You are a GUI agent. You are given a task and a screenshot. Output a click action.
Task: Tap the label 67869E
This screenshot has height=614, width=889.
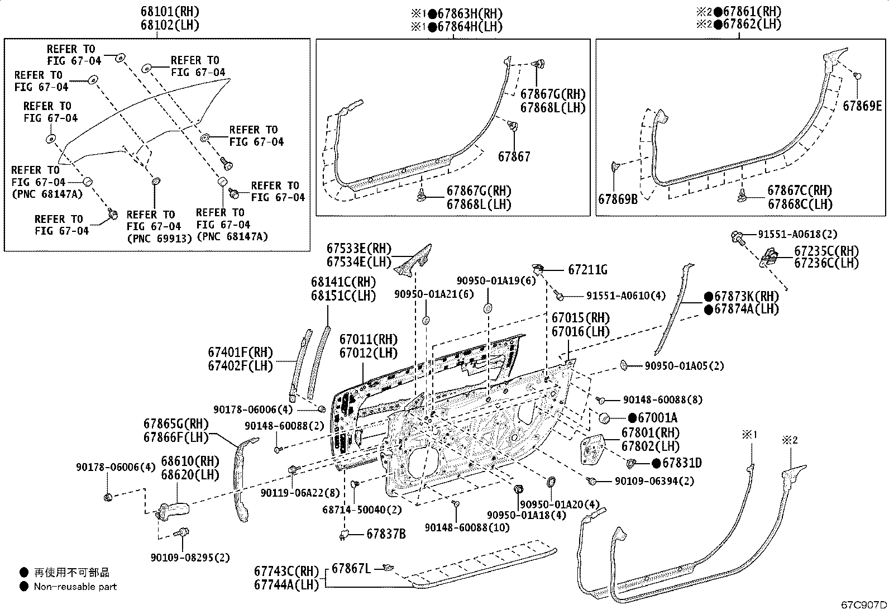(862, 106)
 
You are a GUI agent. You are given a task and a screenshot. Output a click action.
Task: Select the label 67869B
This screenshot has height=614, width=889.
(618, 198)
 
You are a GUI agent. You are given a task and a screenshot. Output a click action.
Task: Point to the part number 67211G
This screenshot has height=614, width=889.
(587, 270)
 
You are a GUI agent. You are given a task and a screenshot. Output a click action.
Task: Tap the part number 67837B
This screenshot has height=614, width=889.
(386, 534)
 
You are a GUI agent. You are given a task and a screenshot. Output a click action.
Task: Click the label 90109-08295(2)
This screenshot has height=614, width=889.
(190, 557)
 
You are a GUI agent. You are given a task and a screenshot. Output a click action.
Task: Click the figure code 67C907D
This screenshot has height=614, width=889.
(864, 605)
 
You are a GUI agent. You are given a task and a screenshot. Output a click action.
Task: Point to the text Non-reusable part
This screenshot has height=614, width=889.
(75, 587)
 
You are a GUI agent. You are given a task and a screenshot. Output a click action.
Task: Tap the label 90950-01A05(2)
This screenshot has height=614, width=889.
(684, 366)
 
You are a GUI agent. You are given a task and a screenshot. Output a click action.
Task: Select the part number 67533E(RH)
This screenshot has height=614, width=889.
(359, 249)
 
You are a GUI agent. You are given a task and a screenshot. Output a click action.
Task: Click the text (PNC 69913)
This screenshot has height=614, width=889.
(159, 239)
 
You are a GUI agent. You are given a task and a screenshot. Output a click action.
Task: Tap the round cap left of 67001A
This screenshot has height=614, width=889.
(604, 417)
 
